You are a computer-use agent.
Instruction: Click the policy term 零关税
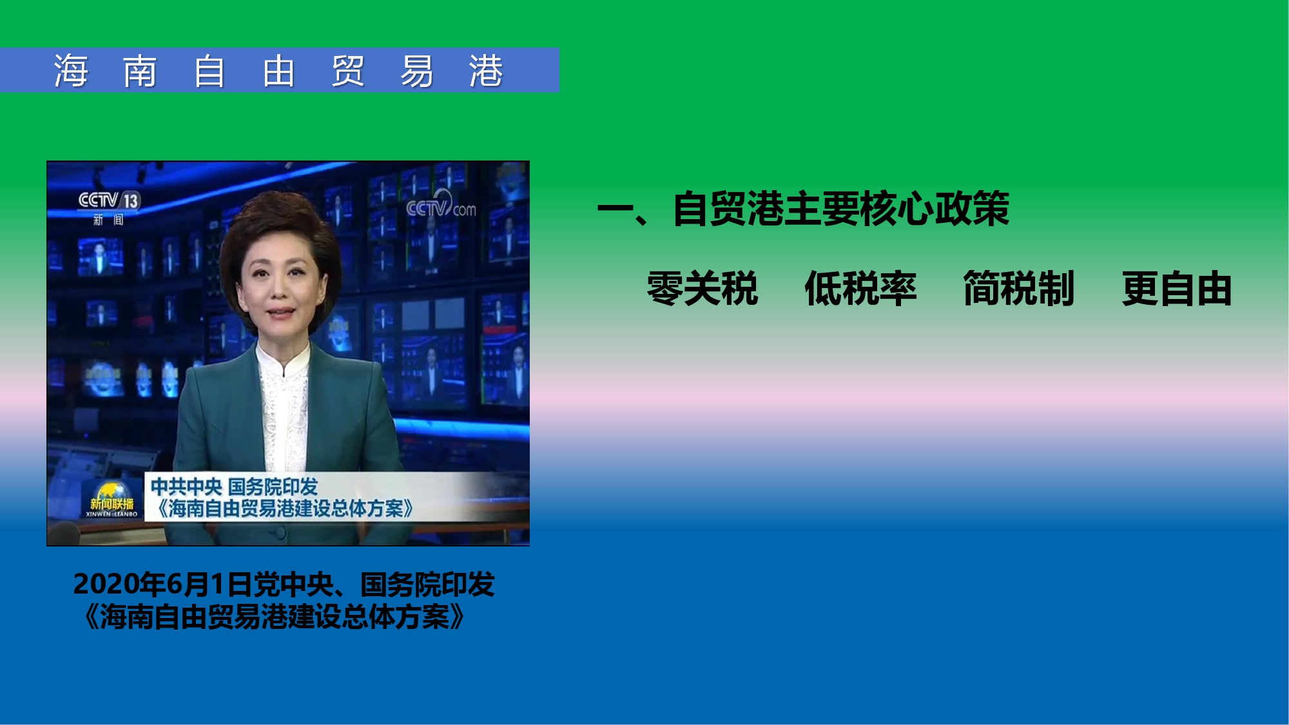pyautogui.click(x=703, y=288)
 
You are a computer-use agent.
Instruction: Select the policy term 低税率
pyautogui.click(x=860, y=288)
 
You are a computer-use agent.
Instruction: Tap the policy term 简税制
pyautogui.click(x=1018, y=288)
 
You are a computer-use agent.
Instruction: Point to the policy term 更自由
pyautogui.click(x=1177, y=288)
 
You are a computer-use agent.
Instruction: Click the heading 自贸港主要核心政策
pyautogui.click(x=841, y=209)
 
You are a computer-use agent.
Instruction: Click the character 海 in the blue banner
pyautogui.click(x=71, y=70)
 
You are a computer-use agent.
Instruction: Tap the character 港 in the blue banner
pyautogui.click(x=485, y=70)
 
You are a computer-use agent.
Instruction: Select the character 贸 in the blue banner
pyautogui.click(x=348, y=70)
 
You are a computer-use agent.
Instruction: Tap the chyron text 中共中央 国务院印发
pyautogui.click(x=234, y=487)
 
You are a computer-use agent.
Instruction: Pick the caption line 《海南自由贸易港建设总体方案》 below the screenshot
pyautogui.click(x=274, y=617)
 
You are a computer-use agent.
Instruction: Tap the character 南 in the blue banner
pyautogui.click(x=140, y=70)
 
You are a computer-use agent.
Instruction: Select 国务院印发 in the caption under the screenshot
pyautogui.click(x=427, y=584)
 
